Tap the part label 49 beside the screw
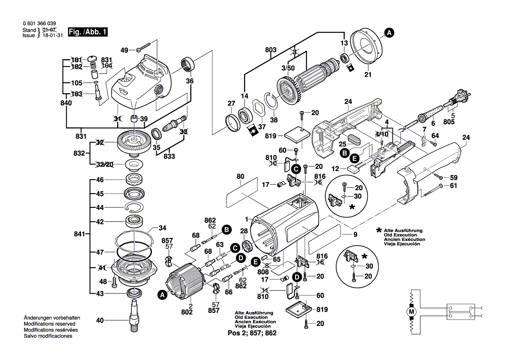point(125,50)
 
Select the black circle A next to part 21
point(389,32)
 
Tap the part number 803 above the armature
point(270,50)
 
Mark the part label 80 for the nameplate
point(240,177)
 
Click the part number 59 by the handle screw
point(454,177)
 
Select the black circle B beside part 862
point(226,229)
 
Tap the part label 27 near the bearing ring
point(231,103)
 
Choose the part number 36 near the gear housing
point(190,81)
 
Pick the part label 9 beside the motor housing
point(355,235)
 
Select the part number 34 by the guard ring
point(162,228)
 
